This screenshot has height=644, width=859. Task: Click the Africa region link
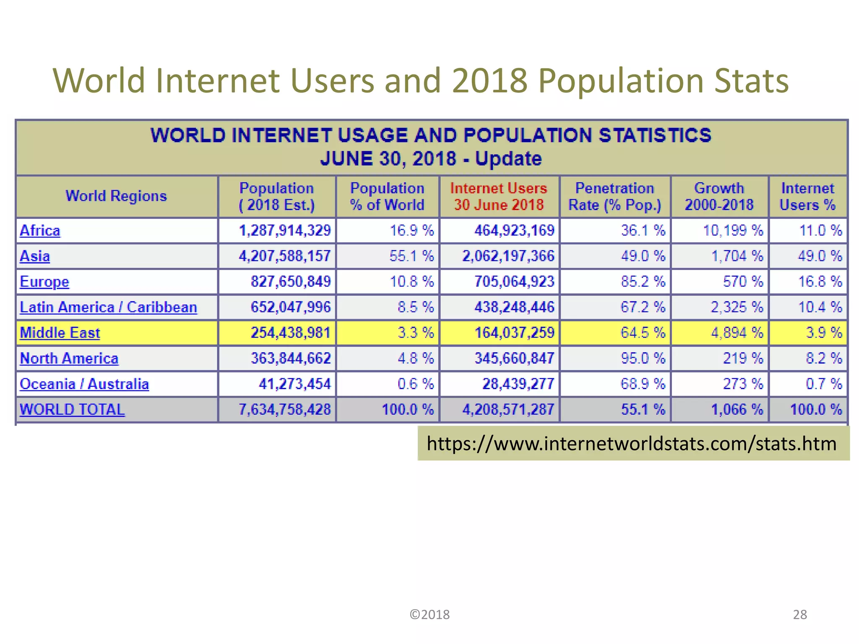pos(40,231)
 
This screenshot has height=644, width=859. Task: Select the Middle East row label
pos(60,333)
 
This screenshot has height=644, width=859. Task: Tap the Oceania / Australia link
pos(84,384)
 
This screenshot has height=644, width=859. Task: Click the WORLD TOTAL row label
pos(72,410)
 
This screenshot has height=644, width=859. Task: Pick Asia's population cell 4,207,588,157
pos(284,256)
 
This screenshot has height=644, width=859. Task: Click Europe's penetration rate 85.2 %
pos(643,282)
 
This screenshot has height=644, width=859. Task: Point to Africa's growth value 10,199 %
pos(733,231)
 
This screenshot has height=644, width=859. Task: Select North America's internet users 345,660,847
pos(514,358)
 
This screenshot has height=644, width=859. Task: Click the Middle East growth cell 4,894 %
pos(737,333)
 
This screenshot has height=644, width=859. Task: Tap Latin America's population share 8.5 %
pos(415,307)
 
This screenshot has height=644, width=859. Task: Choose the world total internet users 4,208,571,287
pos(508,410)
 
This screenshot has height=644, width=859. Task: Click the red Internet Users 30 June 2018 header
pos(499,197)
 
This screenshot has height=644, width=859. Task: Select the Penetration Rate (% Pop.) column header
pos(614,197)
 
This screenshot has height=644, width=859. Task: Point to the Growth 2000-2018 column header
pos(719,197)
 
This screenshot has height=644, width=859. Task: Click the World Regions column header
pos(116,196)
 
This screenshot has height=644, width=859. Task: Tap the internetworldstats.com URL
pos(631,444)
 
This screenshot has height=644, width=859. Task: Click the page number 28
pos(799,615)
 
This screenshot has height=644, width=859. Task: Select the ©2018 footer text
pos(429,615)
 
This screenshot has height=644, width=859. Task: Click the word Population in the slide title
pos(620,80)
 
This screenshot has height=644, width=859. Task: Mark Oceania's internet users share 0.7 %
pos(823,384)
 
